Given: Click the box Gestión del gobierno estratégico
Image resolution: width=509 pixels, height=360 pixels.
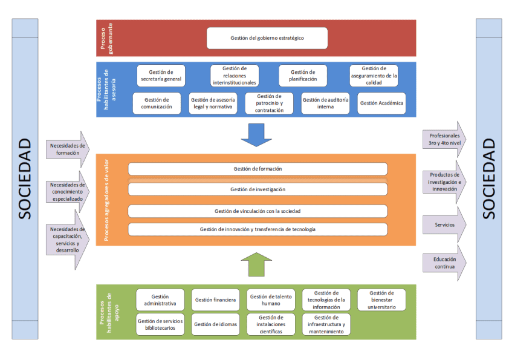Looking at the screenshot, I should pos(267,38).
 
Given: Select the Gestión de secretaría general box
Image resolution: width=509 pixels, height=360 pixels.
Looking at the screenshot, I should pos(161,76).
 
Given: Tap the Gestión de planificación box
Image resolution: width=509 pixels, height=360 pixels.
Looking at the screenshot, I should pos(302,76).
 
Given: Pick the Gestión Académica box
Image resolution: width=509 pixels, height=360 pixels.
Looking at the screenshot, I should pos(381,103).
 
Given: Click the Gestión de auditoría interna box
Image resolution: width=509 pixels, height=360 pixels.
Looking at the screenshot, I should pos(325,103).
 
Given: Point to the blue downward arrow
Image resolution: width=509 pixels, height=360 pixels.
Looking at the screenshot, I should pos(256,135).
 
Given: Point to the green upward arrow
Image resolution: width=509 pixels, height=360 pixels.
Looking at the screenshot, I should pos(256,264).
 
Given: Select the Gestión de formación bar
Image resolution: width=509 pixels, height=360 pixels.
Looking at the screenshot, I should pos(258,169).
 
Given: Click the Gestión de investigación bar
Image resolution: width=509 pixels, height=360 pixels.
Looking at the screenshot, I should pos(258,189).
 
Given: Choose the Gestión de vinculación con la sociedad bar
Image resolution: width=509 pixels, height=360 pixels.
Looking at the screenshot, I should pos(258,211).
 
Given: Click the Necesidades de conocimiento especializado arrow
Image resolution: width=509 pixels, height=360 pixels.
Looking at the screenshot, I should pos(66,192).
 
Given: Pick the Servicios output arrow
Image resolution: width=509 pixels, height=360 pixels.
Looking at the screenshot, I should pos(443,224).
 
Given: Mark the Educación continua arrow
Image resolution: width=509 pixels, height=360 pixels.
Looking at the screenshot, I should pos(443,263).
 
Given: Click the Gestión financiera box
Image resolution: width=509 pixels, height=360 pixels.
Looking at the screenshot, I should pos(215,299).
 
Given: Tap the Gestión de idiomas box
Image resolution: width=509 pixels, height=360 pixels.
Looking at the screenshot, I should pos(215,324).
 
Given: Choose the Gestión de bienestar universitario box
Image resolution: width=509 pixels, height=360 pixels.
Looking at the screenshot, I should pos(381,300).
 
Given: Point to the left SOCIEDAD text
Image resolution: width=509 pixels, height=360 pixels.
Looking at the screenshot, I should pos(25,179).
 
